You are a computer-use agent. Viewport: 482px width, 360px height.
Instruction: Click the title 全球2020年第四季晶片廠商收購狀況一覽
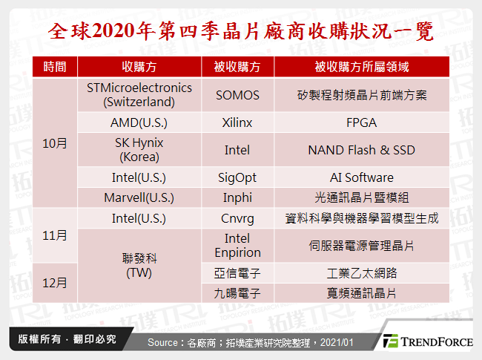click(x=240, y=31)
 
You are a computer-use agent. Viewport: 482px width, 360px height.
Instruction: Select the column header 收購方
click(x=139, y=67)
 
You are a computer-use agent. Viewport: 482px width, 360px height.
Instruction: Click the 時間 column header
click(x=55, y=67)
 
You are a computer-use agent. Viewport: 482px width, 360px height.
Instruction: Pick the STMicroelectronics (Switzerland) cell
click(x=139, y=94)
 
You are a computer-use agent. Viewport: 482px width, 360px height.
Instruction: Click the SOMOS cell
click(x=237, y=94)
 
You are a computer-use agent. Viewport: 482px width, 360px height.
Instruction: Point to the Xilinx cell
click(x=237, y=122)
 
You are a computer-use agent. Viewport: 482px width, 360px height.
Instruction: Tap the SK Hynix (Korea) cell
click(x=139, y=149)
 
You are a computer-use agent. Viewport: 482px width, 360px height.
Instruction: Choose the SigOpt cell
click(x=237, y=177)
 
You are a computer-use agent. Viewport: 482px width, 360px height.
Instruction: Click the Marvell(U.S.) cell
click(x=139, y=197)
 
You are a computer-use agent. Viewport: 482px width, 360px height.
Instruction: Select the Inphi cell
click(x=237, y=197)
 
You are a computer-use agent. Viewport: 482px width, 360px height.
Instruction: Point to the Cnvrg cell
click(x=237, y=218)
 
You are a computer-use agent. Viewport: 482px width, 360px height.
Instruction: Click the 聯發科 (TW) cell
click(x=139, y=265)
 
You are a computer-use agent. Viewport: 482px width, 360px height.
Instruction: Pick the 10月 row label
click(x=55, y=143)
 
